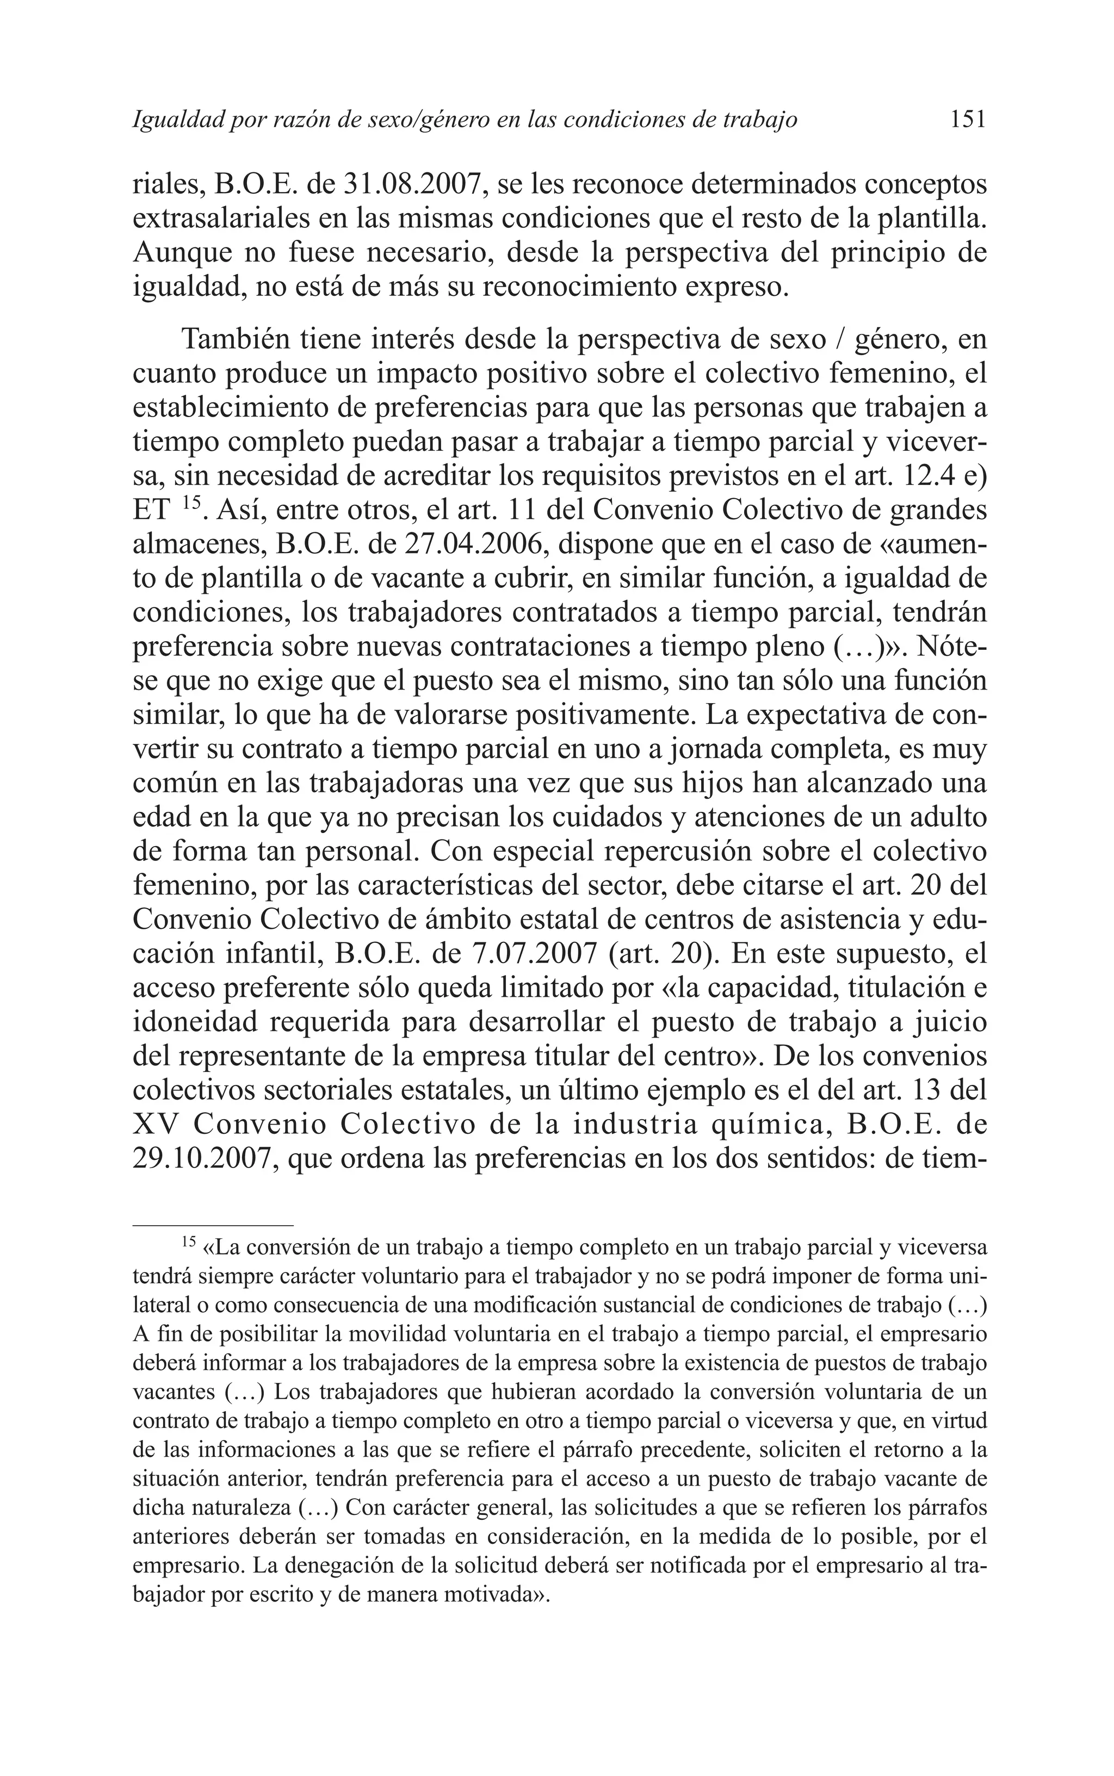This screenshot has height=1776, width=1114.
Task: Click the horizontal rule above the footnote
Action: (213, 1225)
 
